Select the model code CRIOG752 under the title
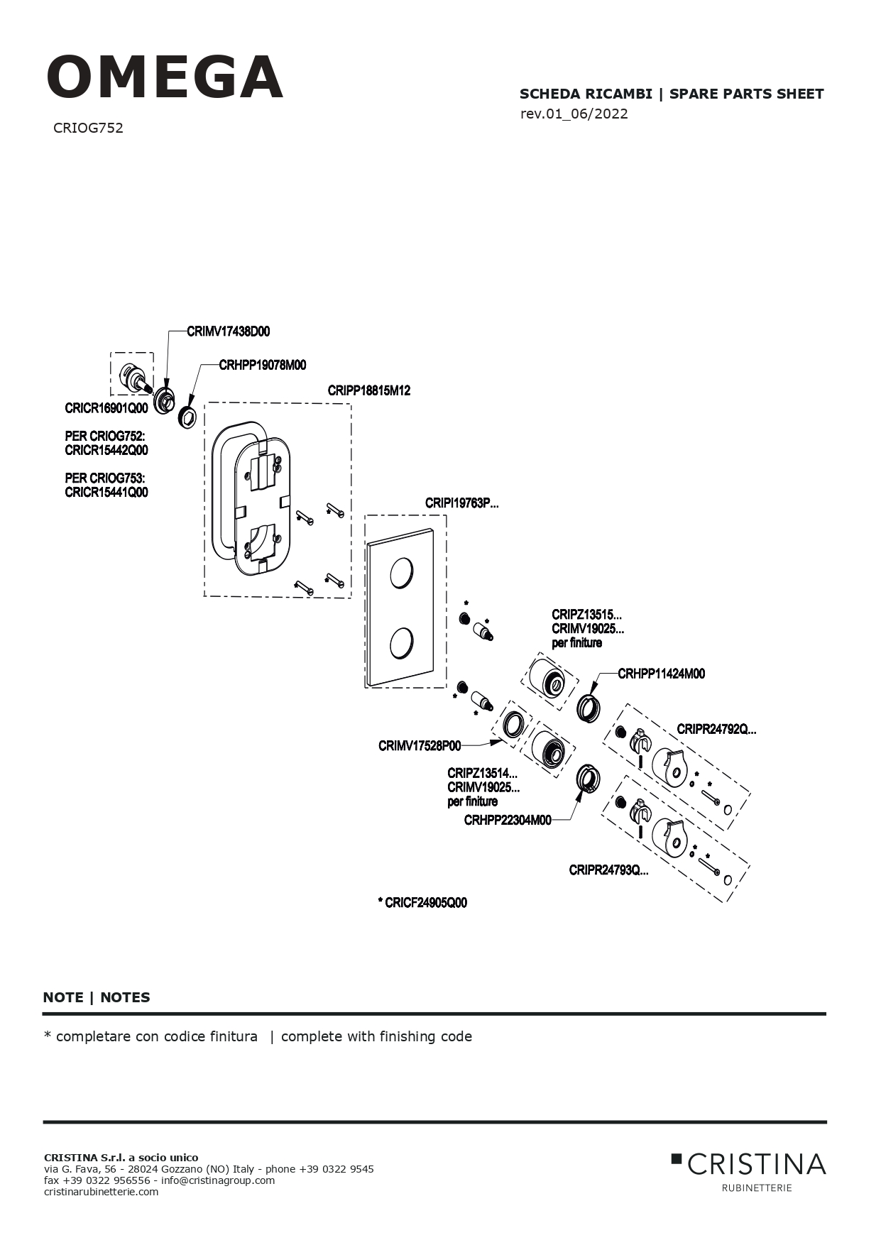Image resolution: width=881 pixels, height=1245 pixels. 88,128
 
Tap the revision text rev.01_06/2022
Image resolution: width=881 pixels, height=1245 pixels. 574,114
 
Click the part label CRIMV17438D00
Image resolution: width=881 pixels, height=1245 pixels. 229,331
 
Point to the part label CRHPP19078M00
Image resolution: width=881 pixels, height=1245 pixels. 263,365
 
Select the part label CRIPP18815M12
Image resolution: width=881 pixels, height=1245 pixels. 369,390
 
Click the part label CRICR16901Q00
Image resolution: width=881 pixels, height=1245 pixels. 106,408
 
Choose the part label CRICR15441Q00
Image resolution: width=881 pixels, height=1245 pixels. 106,492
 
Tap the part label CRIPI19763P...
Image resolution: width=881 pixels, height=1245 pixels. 462,503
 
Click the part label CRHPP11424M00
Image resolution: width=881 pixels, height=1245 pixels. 662,674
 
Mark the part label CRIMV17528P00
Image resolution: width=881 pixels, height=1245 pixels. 420,745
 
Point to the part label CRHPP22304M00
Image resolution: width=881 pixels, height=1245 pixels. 508,821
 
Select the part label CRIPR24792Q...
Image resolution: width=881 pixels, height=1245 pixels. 716,729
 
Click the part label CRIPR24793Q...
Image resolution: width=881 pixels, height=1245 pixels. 608,870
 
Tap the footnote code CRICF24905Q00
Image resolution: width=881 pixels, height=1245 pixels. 422,903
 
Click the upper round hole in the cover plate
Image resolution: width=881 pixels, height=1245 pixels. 401,573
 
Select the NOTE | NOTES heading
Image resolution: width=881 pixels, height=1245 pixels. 97,997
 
